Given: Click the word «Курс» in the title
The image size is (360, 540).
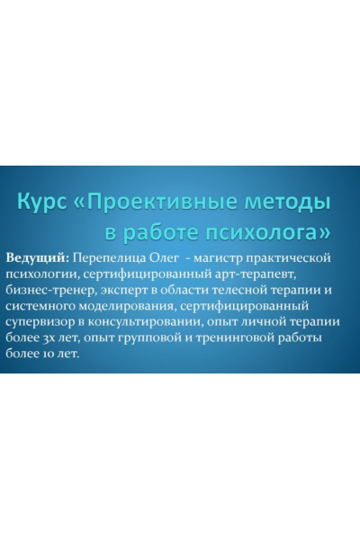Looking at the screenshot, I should click(x=45, y=200).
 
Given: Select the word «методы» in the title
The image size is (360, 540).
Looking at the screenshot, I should click(x=287, y=200).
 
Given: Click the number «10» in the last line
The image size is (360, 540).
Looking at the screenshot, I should click(x=50, y=355).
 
